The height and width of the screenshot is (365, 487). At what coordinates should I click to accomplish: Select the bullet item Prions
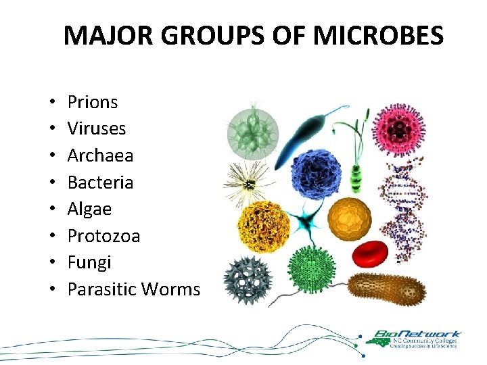(93, 102)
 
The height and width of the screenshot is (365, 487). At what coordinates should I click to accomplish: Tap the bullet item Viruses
(97, 128)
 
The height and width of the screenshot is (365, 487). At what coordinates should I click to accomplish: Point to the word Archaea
(100, 155)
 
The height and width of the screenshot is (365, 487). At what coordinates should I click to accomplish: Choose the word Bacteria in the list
(100, 182)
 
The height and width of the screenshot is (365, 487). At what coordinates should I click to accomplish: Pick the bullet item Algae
(89, 209)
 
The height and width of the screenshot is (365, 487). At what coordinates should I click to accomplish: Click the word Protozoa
(103, 236)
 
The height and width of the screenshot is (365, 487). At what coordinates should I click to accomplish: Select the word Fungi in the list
(89, 262)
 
